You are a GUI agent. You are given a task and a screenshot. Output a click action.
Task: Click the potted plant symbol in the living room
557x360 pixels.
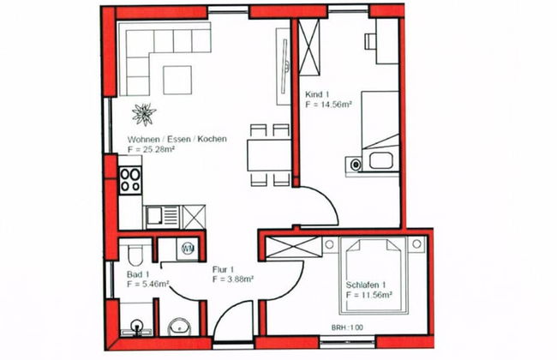coord(142,112)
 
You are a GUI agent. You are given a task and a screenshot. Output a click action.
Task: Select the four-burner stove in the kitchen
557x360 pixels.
coord(130,179)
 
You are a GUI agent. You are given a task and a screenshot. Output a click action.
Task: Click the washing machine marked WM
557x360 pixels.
coord(189,249)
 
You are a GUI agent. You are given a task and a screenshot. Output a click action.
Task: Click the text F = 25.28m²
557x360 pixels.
coord(152,149)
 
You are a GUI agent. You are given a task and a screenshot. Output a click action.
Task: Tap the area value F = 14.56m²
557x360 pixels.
coord(330,103)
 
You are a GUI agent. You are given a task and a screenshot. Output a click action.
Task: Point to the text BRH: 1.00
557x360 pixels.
coord(348,327)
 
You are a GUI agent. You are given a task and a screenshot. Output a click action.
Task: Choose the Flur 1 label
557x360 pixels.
coord(225,268)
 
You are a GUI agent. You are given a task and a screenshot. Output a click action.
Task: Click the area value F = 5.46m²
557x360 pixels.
coord(147,283)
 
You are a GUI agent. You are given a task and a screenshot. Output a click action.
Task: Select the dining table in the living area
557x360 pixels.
coord(269,155)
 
